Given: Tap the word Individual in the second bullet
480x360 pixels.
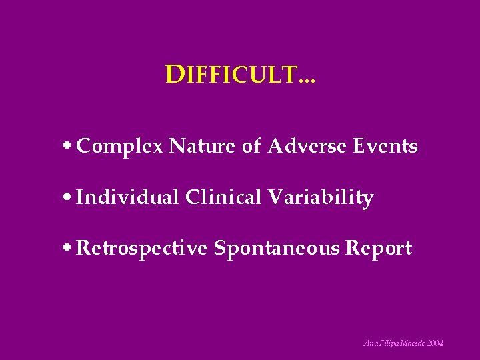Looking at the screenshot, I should (128, 197).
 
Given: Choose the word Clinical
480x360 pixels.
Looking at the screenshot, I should (224, 197).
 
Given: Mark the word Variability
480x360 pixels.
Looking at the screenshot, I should (321, 198).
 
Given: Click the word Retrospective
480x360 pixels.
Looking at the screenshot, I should (143, 249).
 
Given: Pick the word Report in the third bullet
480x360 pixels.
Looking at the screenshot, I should (379, 249).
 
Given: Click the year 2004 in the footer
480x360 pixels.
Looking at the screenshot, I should (434, 343).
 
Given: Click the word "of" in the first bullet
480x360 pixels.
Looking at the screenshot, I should (251, 146).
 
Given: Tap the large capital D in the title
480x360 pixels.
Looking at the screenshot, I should (174, 75).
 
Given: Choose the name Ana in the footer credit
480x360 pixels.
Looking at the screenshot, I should (370, 343).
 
